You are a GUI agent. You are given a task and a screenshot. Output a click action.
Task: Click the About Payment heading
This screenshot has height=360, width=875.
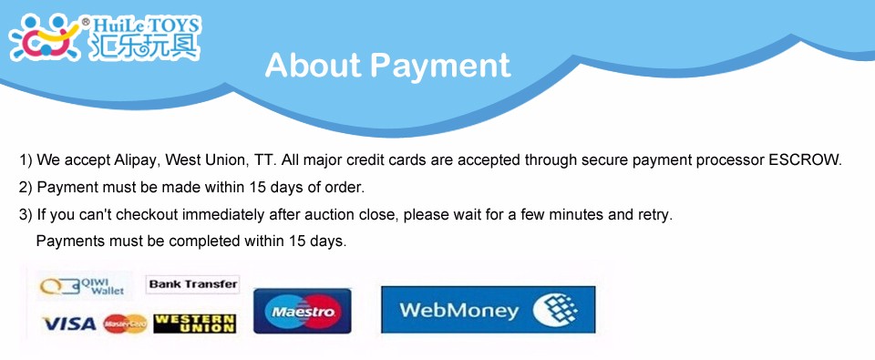(x=388, y=66)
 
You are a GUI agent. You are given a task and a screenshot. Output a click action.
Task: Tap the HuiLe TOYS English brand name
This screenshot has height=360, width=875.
(x=146, y=26)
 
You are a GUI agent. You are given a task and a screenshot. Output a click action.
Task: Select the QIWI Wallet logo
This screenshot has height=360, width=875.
(x=82, y=287)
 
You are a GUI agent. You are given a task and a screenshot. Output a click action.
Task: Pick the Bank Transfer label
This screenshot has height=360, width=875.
(x=193, y=284)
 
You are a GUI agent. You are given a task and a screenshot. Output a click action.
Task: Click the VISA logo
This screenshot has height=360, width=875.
(x=70, y=324)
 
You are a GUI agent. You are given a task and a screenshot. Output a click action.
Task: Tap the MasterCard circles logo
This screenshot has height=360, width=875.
(x=125, y=324)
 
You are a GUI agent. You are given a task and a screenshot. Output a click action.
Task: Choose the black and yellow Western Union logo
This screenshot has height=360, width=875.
(x=195, y=324)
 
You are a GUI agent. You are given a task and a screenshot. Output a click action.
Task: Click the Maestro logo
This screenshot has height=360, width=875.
(x=303, y=311)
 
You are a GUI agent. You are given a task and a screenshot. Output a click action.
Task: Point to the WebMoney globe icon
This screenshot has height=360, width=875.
(x=555, y=310)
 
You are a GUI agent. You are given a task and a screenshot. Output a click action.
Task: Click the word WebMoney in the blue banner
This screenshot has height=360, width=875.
(x=458, y=310)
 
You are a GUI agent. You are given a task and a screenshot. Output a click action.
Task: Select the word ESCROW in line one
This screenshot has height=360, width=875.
(x=804, y=160)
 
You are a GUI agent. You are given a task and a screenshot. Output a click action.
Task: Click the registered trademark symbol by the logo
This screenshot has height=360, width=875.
(x=86, y=22)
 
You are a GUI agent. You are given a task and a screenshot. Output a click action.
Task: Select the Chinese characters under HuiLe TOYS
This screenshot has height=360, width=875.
(x=144, y=46)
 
